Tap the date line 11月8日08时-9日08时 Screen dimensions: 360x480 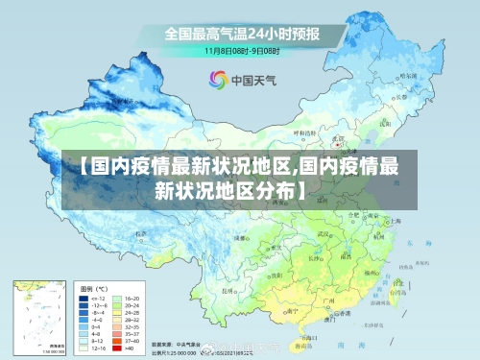pos(241,50)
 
